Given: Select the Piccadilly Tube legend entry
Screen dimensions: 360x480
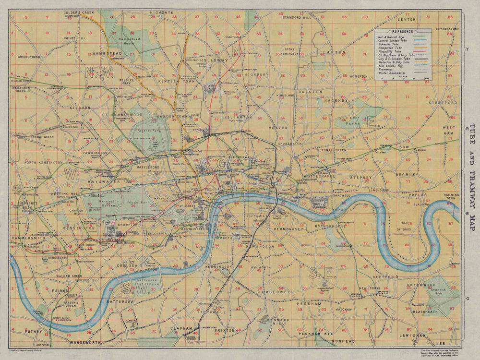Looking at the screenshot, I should [390, 51].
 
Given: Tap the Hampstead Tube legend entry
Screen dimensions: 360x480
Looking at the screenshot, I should [390, 47].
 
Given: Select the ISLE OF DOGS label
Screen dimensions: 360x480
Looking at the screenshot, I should [403, 226].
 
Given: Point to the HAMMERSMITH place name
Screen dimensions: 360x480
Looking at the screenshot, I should [28, 238].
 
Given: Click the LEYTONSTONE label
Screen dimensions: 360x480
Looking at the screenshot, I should [447, 29].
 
